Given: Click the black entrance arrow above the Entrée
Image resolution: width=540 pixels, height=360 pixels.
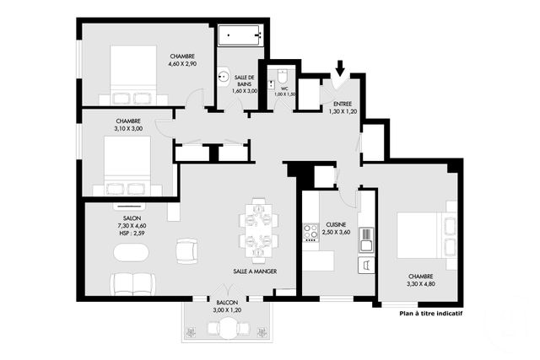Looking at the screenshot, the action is tap(340, 67).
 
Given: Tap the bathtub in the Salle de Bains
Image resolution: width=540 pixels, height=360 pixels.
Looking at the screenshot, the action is tap(240, 35).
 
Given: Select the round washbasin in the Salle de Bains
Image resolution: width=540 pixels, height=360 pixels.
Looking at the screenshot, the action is tap(224, 76).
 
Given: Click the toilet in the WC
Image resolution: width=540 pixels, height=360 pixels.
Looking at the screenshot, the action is tap(283, 77).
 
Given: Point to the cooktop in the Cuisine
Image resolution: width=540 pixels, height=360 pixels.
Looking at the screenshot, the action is tap(310, 233).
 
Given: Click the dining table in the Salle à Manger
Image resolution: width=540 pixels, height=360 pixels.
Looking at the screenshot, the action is tap(258, 231).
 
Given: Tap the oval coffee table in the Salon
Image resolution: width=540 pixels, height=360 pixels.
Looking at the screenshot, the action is tap(131, 253).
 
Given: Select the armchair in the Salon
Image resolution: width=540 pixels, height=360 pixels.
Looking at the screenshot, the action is tap(187, 251).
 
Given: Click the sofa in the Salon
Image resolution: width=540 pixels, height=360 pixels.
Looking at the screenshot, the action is tap(132, 285).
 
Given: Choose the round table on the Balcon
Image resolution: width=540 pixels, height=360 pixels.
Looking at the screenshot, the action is tap(227, 328).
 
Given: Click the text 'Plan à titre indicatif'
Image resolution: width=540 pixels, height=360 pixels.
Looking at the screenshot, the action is tap(431, 314).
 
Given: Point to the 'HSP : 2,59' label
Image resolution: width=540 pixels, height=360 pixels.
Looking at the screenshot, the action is tap(132, 234).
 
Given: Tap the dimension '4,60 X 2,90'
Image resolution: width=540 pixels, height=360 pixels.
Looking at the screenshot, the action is tap(182, 64).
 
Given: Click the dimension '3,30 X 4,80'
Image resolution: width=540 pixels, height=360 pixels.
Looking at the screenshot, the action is tap(421, 284).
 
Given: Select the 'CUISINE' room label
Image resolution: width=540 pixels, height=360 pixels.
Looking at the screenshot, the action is tap(336, 225).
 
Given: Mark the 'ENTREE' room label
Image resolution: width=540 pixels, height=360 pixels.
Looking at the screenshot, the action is tap(343, 104).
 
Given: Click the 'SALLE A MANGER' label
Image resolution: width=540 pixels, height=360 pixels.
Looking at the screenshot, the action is tap(255, 271).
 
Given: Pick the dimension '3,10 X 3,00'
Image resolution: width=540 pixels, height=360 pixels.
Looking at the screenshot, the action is tap(128, 129).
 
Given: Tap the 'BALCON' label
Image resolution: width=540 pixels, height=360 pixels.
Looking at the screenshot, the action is tap(227, 303).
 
